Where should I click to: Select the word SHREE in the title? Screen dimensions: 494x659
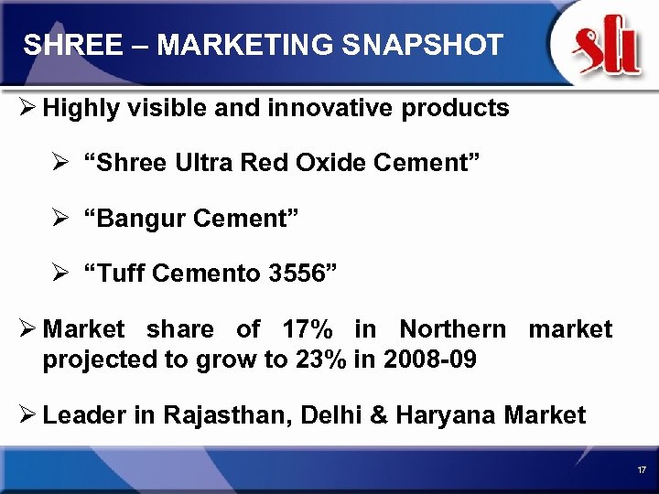click(x=61, y=45)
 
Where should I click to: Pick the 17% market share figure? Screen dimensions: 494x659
click(x=303, y=329)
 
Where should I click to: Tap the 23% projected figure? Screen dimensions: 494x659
click(x=321, y=360)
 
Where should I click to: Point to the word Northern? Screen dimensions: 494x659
click(x=452, y=329)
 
